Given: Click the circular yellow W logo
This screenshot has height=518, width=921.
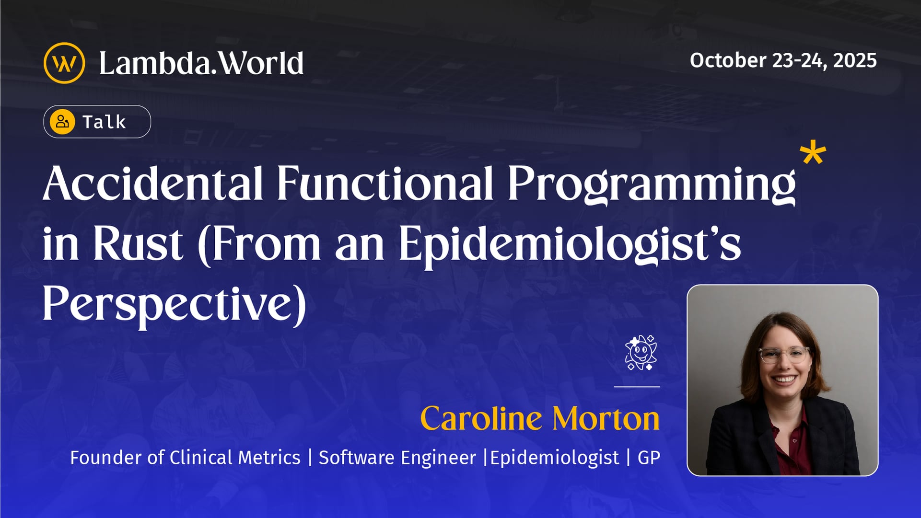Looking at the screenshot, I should pos(64,63).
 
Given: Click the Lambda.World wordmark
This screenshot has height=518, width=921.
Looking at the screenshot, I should pos(201,63).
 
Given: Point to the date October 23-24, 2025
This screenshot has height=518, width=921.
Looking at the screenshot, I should pos(783,60).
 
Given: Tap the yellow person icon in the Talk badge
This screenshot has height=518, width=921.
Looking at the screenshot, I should pos(62,122).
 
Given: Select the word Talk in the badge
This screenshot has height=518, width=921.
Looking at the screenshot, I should pos(104,122).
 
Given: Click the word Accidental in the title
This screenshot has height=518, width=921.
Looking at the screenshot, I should pos(153,183).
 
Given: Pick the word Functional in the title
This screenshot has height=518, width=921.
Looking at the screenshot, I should pos(385,183).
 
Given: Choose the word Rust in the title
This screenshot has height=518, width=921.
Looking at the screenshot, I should pos(138,244).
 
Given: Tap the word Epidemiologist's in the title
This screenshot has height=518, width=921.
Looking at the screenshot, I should pos(570,244).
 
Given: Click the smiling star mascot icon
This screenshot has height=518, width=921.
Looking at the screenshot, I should pos(641,353).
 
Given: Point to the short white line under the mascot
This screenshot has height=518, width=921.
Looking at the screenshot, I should pos(637,386).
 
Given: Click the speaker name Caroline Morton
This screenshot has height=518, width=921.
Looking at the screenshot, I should pos(540,419).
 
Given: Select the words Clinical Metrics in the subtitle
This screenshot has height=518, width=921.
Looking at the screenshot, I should pos(235,458).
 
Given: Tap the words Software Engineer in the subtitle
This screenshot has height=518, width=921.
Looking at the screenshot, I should pos(397,458).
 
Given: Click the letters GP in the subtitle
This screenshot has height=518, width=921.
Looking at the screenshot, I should pos(649,458).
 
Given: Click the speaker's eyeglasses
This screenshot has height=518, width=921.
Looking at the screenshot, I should pos(784,355).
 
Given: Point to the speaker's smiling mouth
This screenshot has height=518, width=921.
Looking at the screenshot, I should pos(785,379).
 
